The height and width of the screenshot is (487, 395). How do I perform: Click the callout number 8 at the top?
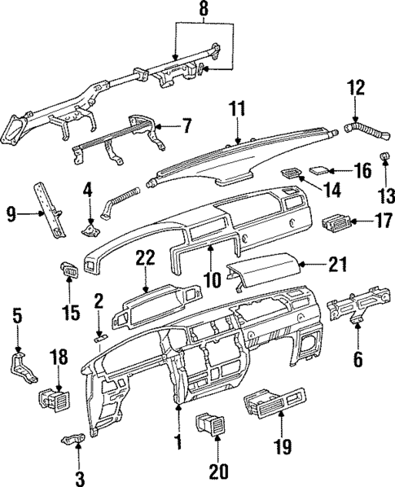click(x=204, y=11)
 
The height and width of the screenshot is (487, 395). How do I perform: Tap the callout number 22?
click(x=145, y=257)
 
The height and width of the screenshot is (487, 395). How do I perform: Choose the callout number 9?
click(x=11, y=215)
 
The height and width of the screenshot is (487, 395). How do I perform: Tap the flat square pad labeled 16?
click(x=321, y=170)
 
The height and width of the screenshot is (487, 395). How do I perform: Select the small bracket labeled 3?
click(x=74, y=440)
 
